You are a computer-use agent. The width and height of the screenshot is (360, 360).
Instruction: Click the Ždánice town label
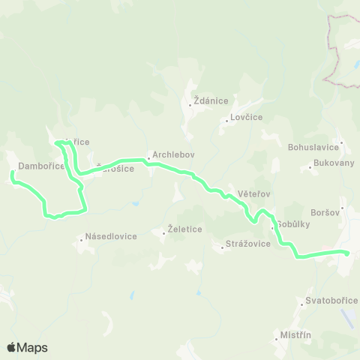[x=212, y=100]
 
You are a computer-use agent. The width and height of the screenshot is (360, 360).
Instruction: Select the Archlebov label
[x=173, y=155]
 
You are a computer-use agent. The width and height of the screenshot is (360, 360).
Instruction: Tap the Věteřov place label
[x=253, y=193]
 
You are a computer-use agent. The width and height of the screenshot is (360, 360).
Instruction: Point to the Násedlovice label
[x=111, y=236]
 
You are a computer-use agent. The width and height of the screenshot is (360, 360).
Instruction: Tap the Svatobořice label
[x=326, y=301]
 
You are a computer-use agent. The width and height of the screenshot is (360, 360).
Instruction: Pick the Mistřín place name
[x=295, y=334]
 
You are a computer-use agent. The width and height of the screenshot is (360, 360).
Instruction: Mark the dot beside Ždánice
[x=190, y=105]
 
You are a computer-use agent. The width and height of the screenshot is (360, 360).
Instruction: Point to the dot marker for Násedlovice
[x=82, y=241]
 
